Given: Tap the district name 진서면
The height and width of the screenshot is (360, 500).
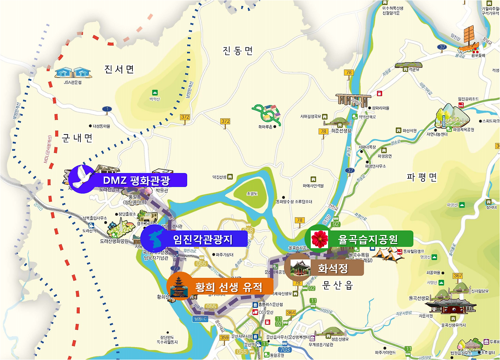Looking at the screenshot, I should click(119, 70).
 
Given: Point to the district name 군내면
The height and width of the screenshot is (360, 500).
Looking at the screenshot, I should click(77, 138).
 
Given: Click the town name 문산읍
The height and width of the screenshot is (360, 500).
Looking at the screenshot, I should click(338, 286).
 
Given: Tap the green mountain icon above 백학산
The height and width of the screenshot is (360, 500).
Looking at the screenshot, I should click(155, 93).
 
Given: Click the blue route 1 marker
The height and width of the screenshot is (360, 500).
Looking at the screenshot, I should click(107, 109).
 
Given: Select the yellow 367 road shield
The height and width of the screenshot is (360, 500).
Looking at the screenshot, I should click(457, 276).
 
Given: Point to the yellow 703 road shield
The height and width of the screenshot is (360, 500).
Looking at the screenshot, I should click(285, 349).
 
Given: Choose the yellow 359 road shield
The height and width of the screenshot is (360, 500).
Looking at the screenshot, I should click(224, 338).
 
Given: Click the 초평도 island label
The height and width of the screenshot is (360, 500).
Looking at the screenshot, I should click(251, 193).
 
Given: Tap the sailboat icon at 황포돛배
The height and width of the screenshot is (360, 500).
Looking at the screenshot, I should click(468, 39).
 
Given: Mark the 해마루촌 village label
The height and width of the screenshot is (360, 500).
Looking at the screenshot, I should click(264, 126).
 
